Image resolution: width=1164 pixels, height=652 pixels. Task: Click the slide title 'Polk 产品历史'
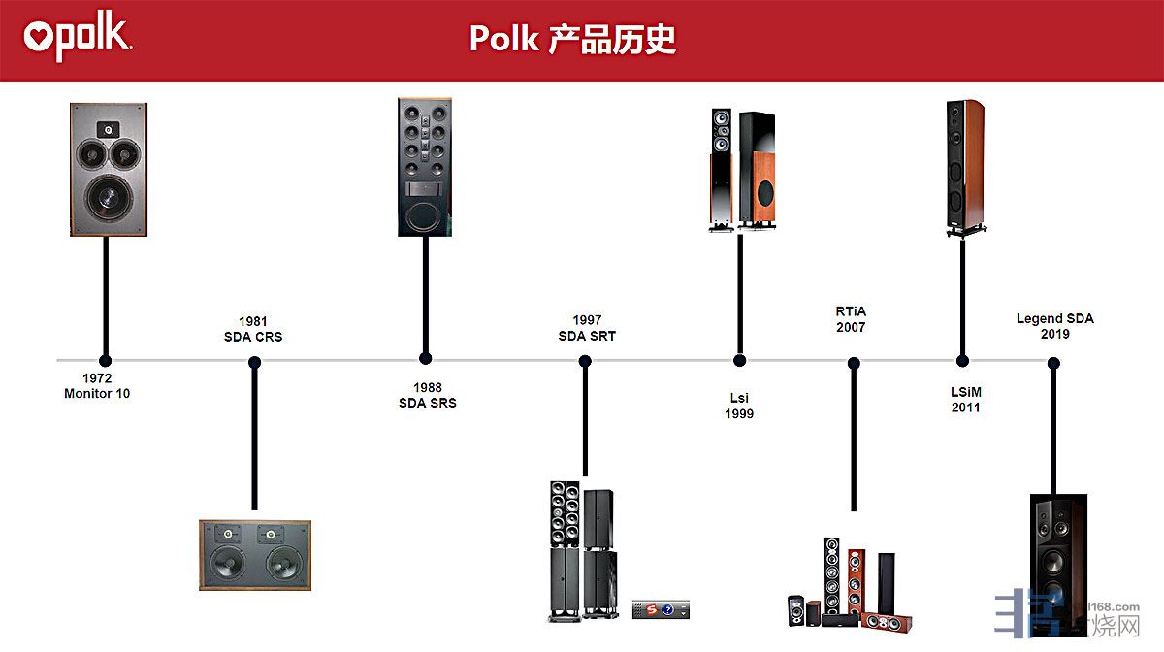click(x=572, y=39)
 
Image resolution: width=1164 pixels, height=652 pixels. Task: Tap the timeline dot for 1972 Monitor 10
click(x=105, y=361)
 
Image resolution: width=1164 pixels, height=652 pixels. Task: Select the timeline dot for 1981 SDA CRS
click(x=254, y=363)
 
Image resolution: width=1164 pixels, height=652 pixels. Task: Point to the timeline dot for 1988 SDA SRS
click(x=425, y=358)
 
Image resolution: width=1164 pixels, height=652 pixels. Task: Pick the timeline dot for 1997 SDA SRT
click(x=585, y=362)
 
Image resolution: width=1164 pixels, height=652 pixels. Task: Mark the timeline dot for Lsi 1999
click(x=739, y=360)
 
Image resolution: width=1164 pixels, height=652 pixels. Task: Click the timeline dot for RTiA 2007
click(x=854, y=364)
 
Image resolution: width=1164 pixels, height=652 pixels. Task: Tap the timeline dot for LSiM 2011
click(x=962, y=360)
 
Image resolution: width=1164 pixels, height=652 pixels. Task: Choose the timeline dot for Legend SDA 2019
click(x=1054, y=364)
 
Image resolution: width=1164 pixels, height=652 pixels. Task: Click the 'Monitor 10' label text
click(x=97, y=394)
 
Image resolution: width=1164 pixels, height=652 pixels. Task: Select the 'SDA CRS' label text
click(x=252, y=337)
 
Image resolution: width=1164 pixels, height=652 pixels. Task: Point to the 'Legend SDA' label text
click(x=1054, y=318)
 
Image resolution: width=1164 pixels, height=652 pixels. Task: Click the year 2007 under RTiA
click(x=851, y=327)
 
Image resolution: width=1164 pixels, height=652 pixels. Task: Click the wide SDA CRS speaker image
click(x=255, y=554)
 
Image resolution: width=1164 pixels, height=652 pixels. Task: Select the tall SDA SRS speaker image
click(x=425, y=166)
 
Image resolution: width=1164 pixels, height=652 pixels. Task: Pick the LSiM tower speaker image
click(x=965, y=167)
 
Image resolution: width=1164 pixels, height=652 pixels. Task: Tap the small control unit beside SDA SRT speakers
click(x=661, y=609)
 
